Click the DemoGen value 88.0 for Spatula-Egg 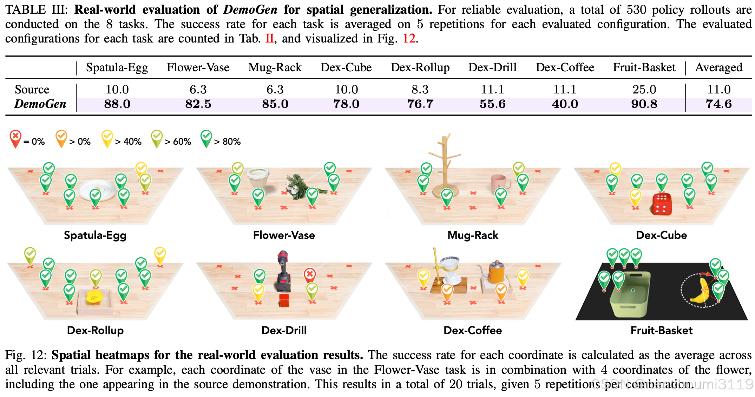point(117,104)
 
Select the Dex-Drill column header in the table point(492,67)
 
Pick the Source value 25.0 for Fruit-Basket point(644,90)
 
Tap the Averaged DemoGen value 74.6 point(718,104)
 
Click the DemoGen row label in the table point(40,104)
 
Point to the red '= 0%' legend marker point(15,138)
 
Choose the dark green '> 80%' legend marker point(206,138)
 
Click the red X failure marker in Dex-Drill point(310,274)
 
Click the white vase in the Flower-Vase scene point(258,177)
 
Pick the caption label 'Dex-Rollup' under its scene point(95,330)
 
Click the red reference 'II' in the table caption point(269,38)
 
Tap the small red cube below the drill point(284,301)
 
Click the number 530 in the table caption point(636,9)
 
